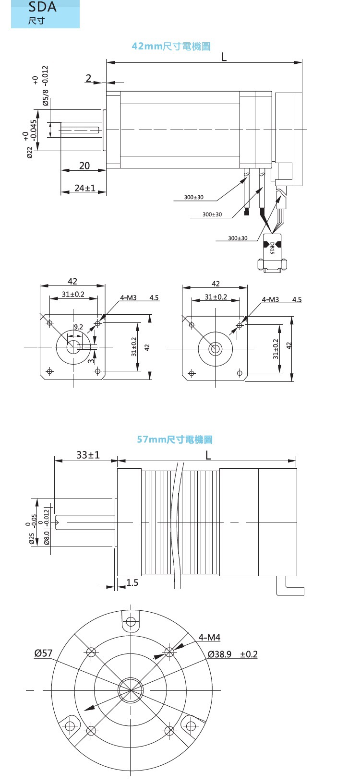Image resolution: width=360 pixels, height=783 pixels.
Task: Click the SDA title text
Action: click(x=42, y=7)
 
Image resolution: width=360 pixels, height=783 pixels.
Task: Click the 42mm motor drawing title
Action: click(x=171, y=46)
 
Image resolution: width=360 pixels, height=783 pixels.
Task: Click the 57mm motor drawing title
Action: click(x=174, y=439)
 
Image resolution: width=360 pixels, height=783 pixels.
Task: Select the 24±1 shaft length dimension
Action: click(x=85, y=188)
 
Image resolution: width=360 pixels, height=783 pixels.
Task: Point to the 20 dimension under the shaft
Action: click(x=84, y=166)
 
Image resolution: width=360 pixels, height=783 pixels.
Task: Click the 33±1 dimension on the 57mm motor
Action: click(x=88, y=454)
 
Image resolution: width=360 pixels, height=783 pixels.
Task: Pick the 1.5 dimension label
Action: click(x=132, y=582)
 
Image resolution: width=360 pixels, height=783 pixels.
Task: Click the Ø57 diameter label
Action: click(x=43, y=653)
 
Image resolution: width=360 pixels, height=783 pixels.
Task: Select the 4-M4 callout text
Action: click(x=209, y=637)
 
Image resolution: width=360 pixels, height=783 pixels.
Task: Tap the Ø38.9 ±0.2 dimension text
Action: click(x=233, y=654)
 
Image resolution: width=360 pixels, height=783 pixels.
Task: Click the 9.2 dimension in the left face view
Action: click(x=78, y=327)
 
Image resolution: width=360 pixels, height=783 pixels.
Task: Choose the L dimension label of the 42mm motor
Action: click(x=224, y=57)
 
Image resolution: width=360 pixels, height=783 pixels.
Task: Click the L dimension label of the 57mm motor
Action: click(x=208, y=454)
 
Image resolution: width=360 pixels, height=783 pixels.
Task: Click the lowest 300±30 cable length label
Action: click(x=238, y=238)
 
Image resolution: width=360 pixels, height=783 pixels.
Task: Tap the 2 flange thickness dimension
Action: click(x=88, y=78)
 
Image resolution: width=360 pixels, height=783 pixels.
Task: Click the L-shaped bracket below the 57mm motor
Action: click(x=291, y=588)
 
